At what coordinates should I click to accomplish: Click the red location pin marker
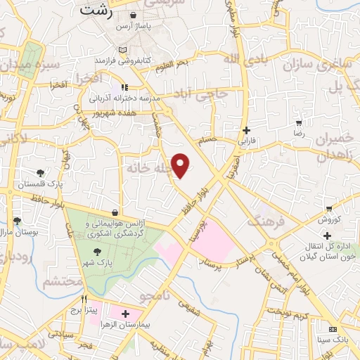[x=181, y=165]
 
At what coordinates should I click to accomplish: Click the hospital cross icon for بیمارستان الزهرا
[x=126, y=314]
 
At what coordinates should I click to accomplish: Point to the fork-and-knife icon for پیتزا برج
[x=84, y=297]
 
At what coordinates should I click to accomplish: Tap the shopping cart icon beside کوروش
[x=329, y=208]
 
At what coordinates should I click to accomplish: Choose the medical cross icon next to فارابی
[x=245, y=130]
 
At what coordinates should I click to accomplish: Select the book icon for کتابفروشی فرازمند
[x=124, y=51]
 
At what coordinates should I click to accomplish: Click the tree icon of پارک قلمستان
[x=40, y=173]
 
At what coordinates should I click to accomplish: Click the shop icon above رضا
[x=299, y=122]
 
